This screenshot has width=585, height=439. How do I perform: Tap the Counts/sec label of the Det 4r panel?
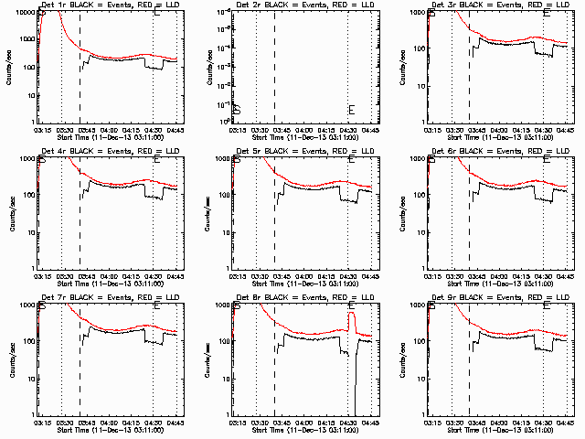pyautogui.click(x=10, y=213)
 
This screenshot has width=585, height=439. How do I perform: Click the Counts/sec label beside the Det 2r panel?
pyautogui.click(x=205, y=67)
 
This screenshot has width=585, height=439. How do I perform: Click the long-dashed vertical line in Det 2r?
pyautogui.click(x=275, y=67)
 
